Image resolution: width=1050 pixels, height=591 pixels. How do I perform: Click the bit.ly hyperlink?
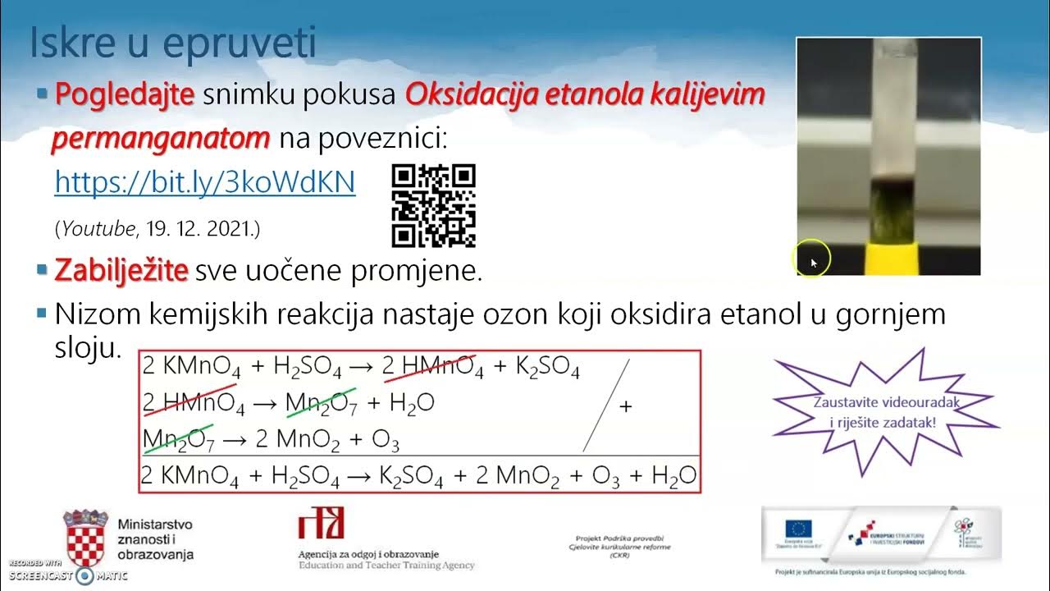click(204, 181)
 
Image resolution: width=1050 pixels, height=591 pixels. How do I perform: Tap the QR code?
click(434, 205)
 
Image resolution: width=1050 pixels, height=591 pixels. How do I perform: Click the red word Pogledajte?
click(124, 95)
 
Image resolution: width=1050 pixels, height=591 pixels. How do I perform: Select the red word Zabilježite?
click(121, 270)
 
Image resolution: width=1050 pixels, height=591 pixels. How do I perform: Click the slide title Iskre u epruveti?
click(172, 43)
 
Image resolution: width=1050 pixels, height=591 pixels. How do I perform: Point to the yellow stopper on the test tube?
click(888, 255)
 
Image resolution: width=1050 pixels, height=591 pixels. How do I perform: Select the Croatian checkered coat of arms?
click(86, 537)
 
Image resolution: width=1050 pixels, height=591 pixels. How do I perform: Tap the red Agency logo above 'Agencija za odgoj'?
click(322, 523)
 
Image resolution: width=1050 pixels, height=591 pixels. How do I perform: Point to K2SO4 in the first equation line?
click(547, 369)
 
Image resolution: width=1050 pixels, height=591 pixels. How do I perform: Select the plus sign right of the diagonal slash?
click(625, 406)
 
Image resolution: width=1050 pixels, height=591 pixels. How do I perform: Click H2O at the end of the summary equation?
click(673, 475)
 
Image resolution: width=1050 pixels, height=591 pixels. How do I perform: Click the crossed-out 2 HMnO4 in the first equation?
click(433, 369)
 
